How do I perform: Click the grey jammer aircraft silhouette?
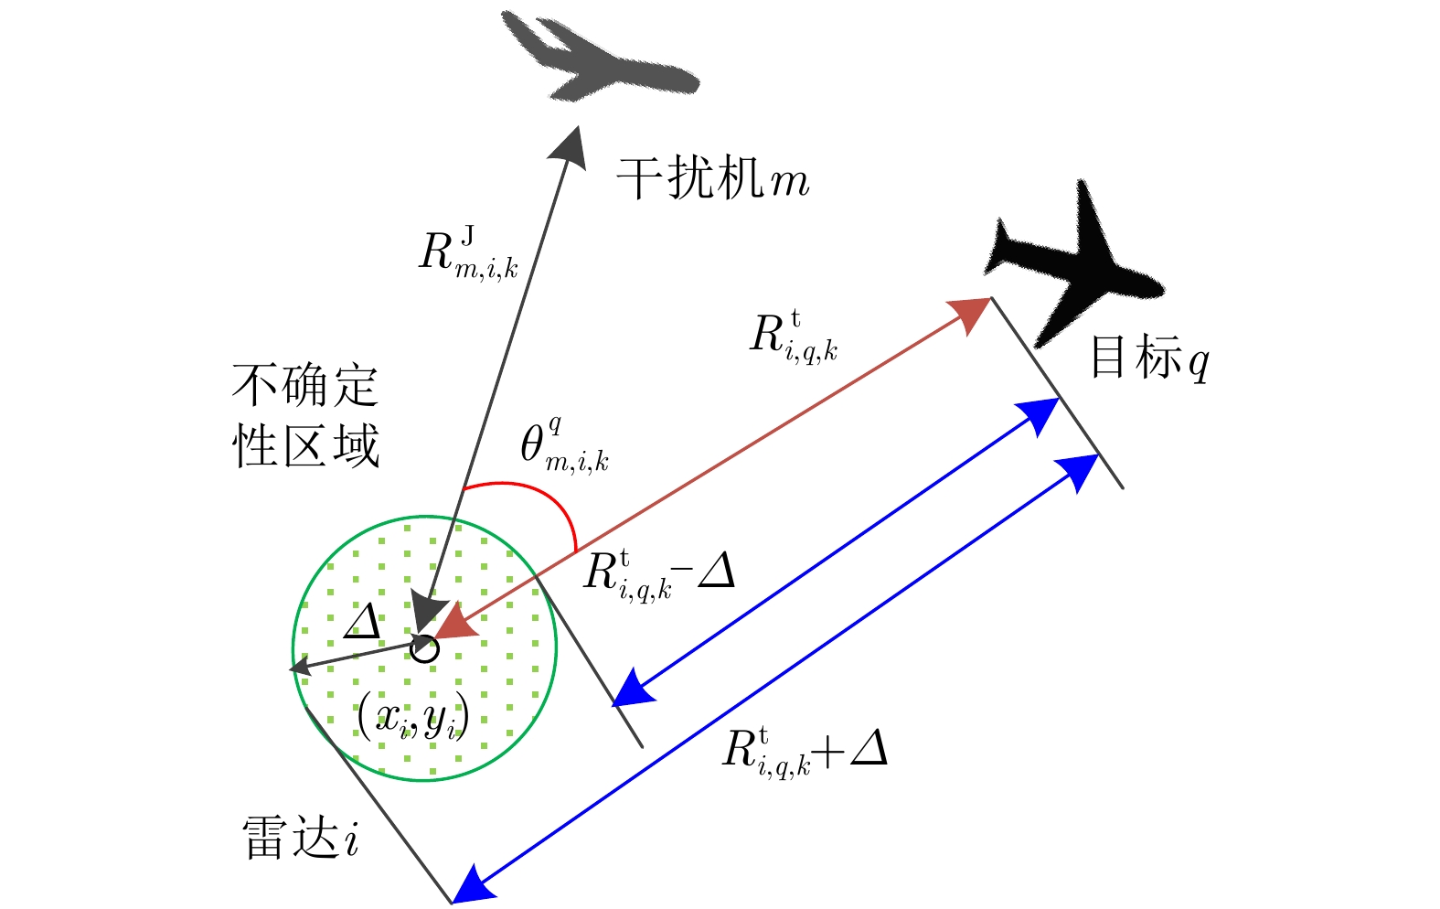pos(599,60)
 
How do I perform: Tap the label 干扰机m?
pos(713,177)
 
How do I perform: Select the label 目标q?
pos(1148,358)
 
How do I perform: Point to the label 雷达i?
pos(301,838)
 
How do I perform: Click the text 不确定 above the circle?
pos(305,385)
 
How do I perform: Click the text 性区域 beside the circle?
pos(305,446)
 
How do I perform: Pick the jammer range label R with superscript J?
pos(467,253)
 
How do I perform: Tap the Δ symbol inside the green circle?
pos(362,622)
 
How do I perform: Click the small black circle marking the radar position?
pos(424,648)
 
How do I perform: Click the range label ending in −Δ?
pos(658,574)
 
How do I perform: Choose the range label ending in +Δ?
pos(805,750)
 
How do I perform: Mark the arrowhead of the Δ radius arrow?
pos(299,669)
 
